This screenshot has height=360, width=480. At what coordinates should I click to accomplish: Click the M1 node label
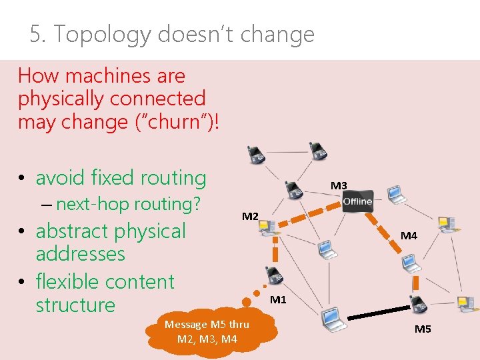278,300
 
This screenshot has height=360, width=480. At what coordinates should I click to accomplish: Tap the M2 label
250,216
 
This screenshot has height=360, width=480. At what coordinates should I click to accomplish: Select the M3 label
339,185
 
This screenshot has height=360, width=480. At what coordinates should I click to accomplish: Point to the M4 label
409,235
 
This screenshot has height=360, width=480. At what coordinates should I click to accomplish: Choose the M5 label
423,329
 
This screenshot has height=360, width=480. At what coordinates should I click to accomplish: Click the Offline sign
357,201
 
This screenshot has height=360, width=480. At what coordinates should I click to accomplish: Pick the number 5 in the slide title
35,34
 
